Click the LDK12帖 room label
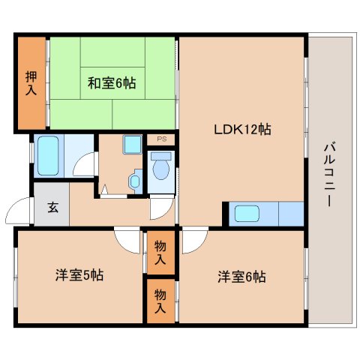coord(242,130)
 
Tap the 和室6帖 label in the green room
coord(112,83)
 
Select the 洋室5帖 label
coord(79,275)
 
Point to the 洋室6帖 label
coord(241,277)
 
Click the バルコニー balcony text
coord(329,174)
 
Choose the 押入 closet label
coord(31,83)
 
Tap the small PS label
coord(162,139)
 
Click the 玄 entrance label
coord(53,207)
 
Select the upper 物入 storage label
coord(160,252)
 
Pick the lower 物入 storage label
coord(160,301)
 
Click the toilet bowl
coord(161,166)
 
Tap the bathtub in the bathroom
coord(48,155)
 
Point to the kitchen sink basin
coord(247,214)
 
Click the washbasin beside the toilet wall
coord(136,181)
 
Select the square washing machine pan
coord(132,144)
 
